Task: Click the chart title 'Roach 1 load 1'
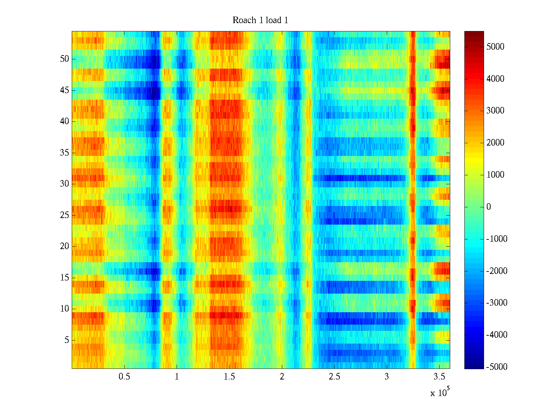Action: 260,20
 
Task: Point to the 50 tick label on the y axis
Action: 65,59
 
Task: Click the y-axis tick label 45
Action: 65,90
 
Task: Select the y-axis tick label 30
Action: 65,184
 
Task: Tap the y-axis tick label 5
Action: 67,340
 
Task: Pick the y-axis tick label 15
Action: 65,278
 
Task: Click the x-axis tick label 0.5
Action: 124,377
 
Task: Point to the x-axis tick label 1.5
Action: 229,377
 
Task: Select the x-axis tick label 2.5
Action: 334,377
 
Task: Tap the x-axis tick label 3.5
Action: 439,377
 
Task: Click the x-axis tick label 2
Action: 282,377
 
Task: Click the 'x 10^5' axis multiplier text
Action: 440,392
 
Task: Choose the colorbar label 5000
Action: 495,47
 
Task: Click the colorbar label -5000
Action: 497,367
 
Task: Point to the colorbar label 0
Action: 489,207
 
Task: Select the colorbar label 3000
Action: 495,111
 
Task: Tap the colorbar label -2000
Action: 497,271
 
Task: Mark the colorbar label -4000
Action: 497,335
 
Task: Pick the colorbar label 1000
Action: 495,175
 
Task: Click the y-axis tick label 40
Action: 65,121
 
